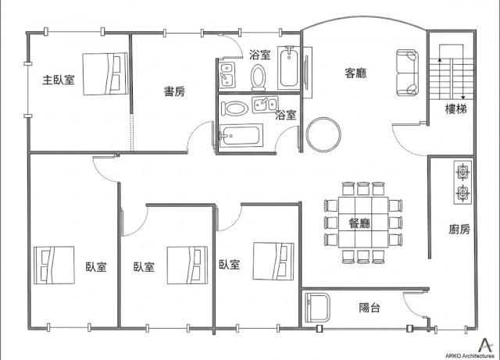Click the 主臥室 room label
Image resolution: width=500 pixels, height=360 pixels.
59,80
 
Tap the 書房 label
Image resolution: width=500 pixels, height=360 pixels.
174,91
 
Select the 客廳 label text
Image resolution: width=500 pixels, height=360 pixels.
355,73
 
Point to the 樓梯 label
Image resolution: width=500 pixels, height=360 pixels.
455,109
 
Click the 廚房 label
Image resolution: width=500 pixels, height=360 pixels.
459,229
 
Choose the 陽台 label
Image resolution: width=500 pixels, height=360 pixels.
370,308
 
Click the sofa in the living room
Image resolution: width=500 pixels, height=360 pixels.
407,73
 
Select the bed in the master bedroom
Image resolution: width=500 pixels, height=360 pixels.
105,74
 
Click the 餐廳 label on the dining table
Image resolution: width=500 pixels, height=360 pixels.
359,223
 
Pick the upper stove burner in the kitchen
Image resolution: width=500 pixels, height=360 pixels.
462,173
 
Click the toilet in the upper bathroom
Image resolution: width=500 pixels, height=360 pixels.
258,78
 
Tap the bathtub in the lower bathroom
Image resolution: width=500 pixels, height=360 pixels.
241,136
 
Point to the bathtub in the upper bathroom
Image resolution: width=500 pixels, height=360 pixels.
288,68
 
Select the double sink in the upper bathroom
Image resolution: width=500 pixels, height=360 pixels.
227,75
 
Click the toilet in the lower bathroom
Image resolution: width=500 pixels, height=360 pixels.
234,109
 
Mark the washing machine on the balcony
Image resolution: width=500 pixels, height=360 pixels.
317,308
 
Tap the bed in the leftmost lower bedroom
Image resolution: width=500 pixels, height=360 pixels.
54,265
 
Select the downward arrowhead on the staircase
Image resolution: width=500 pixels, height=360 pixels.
463,98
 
